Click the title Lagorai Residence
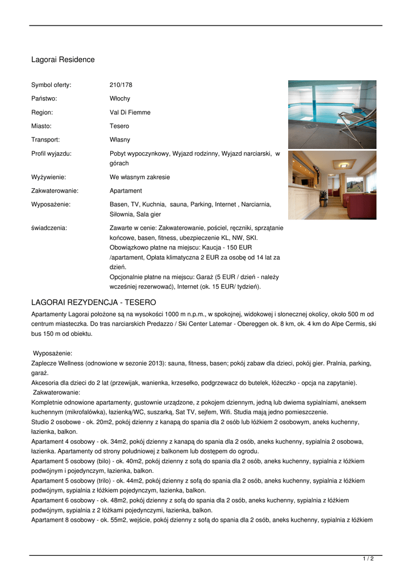coord(63,60)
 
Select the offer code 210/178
coord(120,85)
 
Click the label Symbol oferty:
coord(51,85)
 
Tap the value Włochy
coord(119,99)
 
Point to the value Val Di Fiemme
coord(130,113)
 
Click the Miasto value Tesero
coord(119,126)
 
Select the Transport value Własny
coord(119,140)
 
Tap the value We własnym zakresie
coord(139,177)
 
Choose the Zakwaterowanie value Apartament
coord(126,191)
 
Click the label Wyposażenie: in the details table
coord(51,205)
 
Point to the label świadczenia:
coord(49,228)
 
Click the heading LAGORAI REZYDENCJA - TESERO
coord(93,302)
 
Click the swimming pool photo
coord(332,114)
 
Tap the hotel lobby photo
coord(332,185)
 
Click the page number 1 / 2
coord(368,559)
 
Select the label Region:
coord(42,113)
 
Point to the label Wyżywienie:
coord(48,177)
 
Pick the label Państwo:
coord(44,99)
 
